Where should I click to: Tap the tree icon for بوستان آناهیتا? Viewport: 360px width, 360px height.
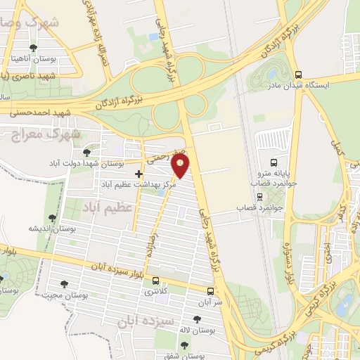pos(32,49)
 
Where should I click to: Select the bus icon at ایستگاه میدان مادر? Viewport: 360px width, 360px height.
pos(299,75)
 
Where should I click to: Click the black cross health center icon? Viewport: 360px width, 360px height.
pos(139,173)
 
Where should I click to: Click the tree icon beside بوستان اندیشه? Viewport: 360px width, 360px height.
pos(51,218)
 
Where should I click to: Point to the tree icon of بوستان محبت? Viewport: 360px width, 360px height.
pos(65,285)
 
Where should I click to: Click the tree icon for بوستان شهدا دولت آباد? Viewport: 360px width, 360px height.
pos(86,152)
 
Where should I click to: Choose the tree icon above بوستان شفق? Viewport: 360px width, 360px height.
pos(184,345)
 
